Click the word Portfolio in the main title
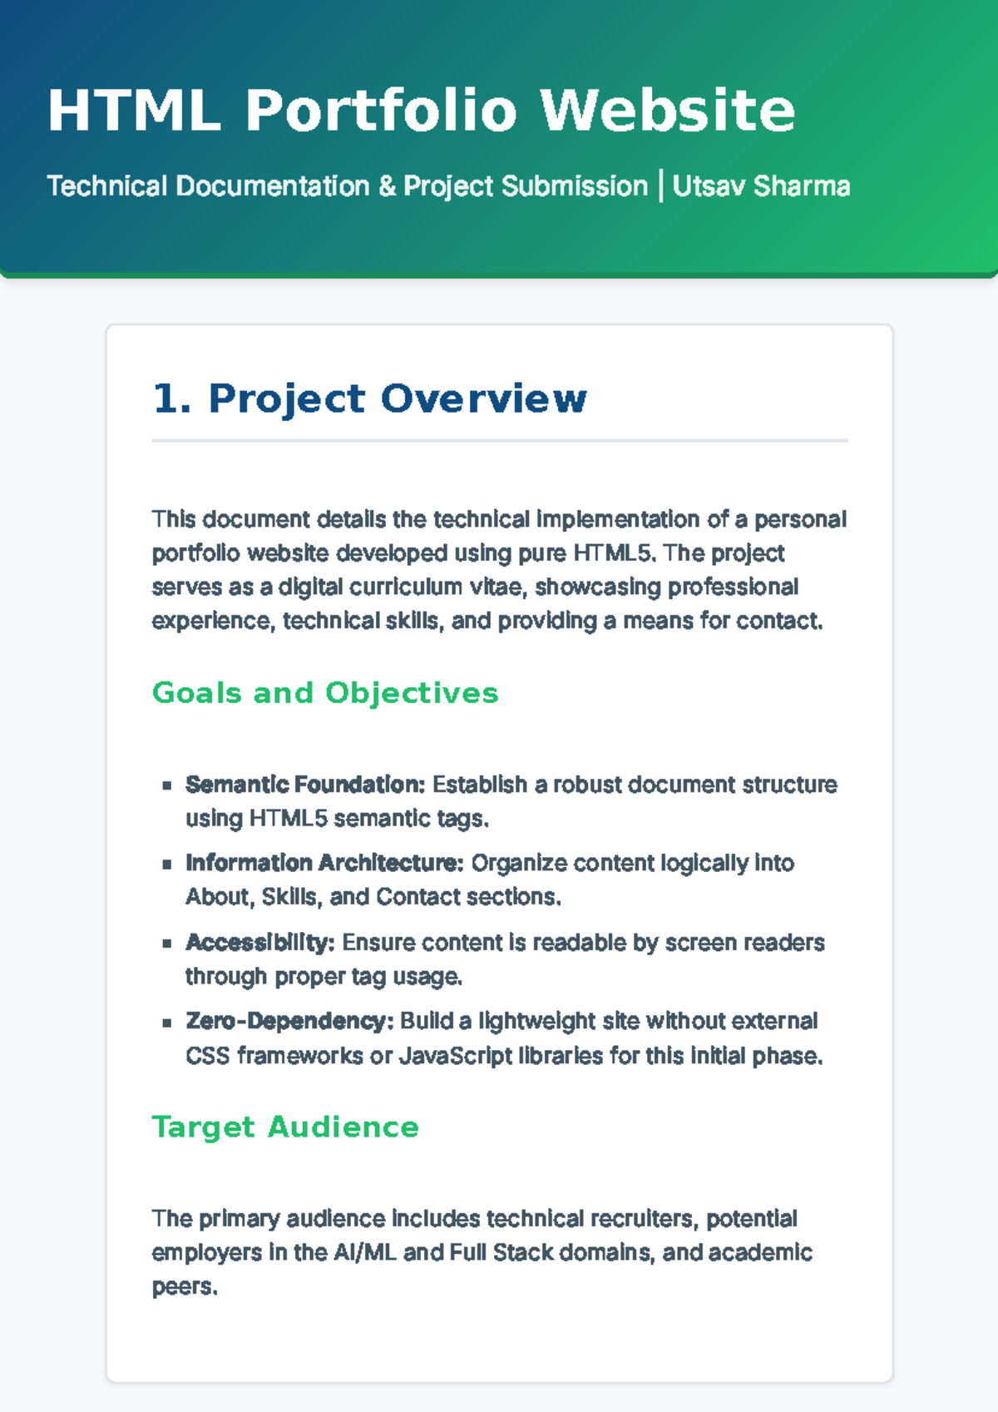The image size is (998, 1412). pyautogui.click(x=381, y=111)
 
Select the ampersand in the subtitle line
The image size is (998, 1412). pyautogui.click(x=387, y=186)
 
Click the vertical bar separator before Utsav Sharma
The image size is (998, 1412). pyautogui.click(x=660, y=186)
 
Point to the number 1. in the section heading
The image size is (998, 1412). pyautogui.click(x=172, y=399)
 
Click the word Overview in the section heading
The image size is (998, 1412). pyautogui.click(x=484, y=399)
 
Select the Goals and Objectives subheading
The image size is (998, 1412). pyautogui.click(x=325, y=693)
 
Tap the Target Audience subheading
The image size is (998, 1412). pyautogui.click(x=285, y=1127)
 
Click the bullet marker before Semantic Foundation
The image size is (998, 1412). pyautogui.click(x=167, y=785)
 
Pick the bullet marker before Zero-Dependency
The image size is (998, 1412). pyautogui.click(x=167, y=1022)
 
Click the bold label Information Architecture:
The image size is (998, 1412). pyautogui.click(x=324, y=863)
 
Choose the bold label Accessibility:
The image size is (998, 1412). pyautogui.click(x=259, y=943)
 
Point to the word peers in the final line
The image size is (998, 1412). pyautogui.click(x=184, y=1287)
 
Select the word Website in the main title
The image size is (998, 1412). pyautogui.click(x=667, y=111)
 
